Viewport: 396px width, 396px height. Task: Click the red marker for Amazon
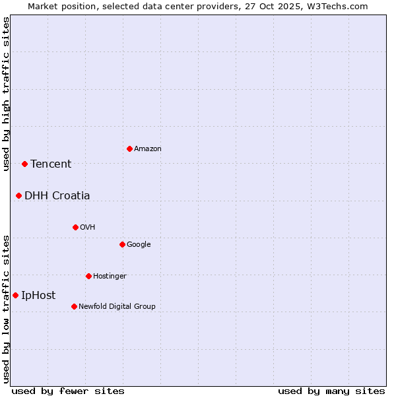(x=129, y=148)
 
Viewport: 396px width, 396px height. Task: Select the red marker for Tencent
(x=24, y=164)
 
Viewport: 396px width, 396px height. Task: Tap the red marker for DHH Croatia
(x=18, y=195)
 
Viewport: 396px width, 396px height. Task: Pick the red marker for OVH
(x=75, y=227)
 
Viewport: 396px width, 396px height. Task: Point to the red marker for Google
(x=122, y=244)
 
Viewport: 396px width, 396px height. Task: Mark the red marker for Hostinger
(x=88, y=276)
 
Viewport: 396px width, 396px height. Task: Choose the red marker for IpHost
(x=15, y=295)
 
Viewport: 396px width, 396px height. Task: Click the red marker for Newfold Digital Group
(x=74, y=306)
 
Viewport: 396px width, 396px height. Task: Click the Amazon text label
(x=148, y=149)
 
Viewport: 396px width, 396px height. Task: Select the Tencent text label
(x=51, y=164)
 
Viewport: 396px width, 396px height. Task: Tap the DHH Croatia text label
(x=57, y=196)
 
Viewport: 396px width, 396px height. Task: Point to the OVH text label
(x=88, y=228)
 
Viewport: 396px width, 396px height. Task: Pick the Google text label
(x=139, y=245)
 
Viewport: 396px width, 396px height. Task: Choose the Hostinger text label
(x=110, y=277)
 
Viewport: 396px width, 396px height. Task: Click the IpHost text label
(x=38, y=296)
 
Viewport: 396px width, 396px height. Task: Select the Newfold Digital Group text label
(x=117, y=307)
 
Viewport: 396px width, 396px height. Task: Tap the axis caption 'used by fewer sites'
(x=68, y=391)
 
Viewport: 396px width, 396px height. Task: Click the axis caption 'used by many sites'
(x=331, y=391)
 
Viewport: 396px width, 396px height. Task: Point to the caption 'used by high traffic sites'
(x=7, y=94)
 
